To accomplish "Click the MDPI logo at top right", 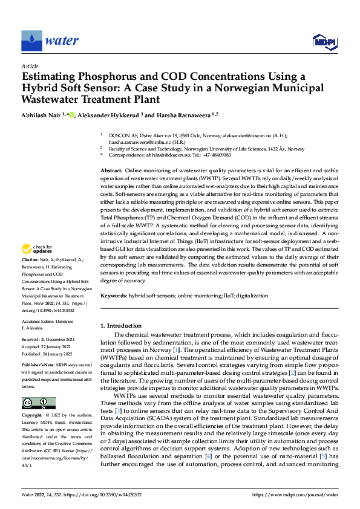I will click(324, 41).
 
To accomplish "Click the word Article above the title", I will click(29, 66).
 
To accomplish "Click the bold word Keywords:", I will click(114, 295).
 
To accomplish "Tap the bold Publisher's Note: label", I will click(38, 366).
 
